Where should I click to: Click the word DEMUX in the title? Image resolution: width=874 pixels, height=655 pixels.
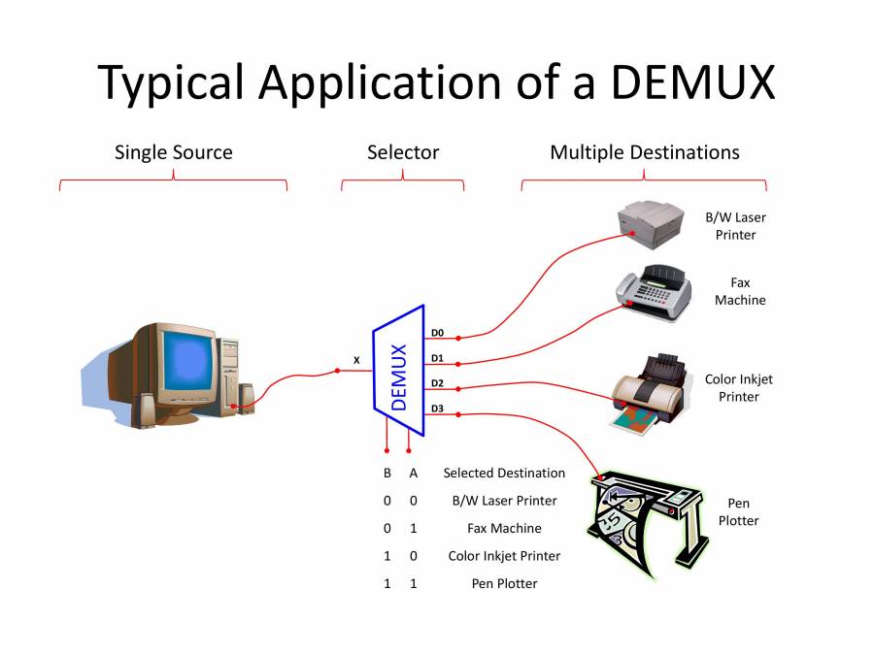coord(692,82)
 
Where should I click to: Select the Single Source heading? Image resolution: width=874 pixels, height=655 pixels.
coord(173,152)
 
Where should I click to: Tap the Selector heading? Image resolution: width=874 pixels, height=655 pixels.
coord(402,152)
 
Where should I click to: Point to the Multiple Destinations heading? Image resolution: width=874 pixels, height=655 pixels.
coord(644,152)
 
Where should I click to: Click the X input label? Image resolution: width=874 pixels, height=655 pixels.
coord(356,360)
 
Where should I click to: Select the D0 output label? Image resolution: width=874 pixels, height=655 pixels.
coord(437,333)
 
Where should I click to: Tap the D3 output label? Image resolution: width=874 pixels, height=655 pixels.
coord(437,409)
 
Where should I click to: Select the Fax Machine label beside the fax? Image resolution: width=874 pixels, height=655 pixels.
coord(740,291)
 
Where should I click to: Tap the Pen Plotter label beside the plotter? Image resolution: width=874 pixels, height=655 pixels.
coord(738,512)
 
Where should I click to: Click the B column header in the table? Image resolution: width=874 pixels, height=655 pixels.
coord(387,474)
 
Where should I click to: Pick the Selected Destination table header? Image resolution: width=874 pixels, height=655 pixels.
coord(504,474)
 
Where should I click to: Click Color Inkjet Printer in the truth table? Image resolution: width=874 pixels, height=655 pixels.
coord(504,556)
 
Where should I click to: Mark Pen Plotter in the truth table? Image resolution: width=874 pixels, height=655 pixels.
coord(504,583)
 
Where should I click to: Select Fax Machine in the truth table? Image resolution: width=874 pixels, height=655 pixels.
coord(504,529)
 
